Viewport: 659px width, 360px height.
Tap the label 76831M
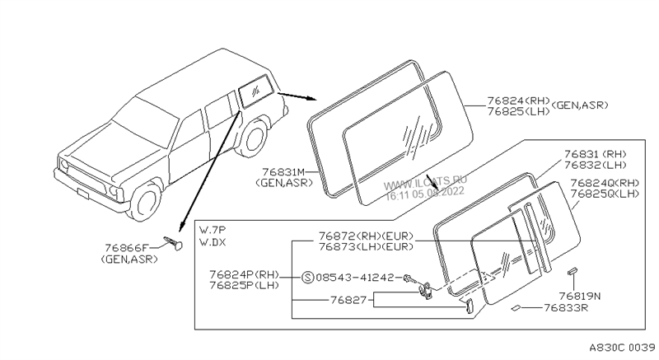point(283,171)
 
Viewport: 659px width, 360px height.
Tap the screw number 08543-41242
point(356,278)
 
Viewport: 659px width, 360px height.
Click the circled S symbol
point(306,278)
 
